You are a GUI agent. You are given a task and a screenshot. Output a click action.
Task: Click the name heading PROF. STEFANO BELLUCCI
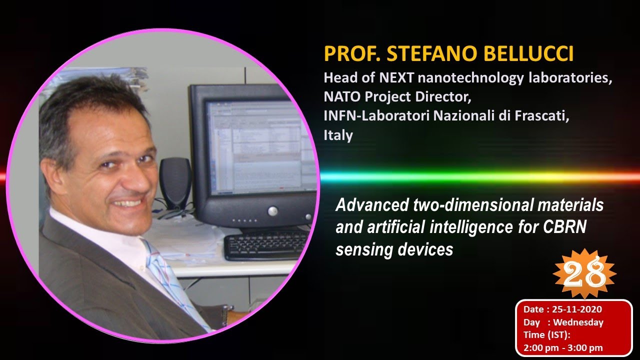(448, 54)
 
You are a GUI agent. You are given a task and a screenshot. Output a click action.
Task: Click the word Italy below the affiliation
(338, 135)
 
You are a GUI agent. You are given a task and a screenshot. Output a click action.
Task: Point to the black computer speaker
(175, 182)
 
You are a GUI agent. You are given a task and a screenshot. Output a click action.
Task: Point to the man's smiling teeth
(127, 203)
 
